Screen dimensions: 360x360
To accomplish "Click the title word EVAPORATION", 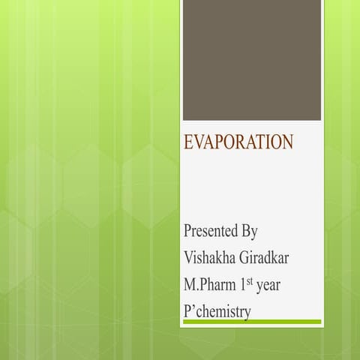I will [x=238, y=142].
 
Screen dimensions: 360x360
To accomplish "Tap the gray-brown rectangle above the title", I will [x=251, y=60].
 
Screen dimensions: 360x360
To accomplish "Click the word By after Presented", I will [x=250, y=229].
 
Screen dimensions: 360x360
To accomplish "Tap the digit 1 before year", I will [x=243, y=285].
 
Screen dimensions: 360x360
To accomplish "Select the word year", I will [x=268, y=286].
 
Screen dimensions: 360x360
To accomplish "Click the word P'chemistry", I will [x=217, y=311].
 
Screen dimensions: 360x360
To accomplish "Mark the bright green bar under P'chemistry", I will [x=251, y=322].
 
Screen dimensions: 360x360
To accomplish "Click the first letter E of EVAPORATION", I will [x=188, y=142].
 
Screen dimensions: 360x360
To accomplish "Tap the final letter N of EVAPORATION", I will [x=287, y=142].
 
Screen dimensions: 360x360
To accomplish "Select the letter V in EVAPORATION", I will [x=198, y=142].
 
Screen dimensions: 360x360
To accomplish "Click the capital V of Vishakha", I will [x=188, y=257].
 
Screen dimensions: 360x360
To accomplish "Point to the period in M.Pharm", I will [x=197, y=289].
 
